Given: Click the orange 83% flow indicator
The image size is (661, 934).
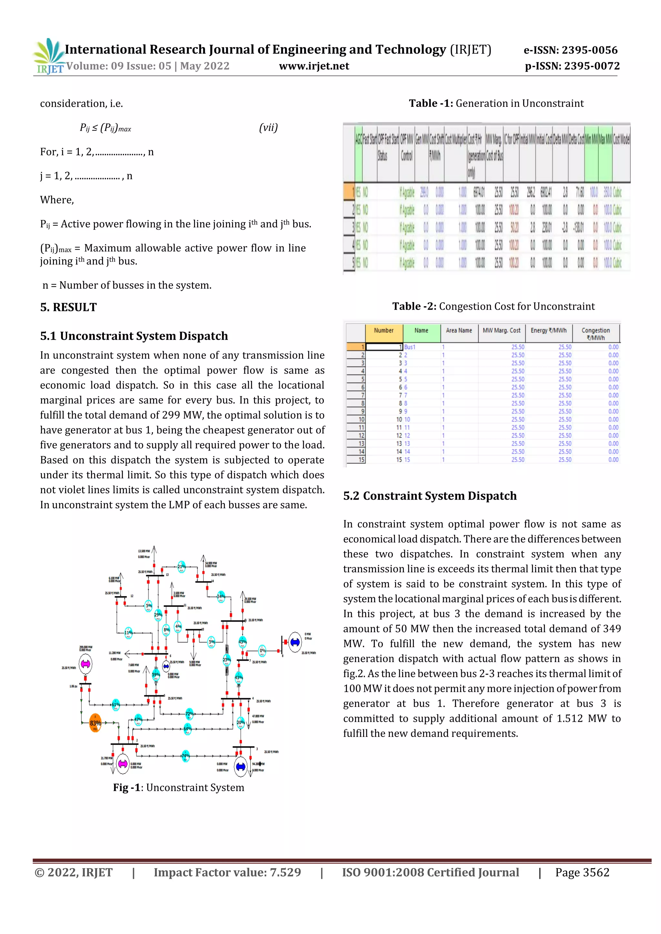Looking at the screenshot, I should (95, 723).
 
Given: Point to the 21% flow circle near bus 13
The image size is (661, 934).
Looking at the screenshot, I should (181, 567).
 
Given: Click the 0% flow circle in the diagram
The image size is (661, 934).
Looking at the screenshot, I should (262, 651).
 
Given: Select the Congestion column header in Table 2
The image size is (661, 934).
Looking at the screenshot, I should (595, 333).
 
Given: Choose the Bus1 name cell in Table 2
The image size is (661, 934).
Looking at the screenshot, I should (410, 347).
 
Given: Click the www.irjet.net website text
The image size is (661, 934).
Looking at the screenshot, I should (314, 66).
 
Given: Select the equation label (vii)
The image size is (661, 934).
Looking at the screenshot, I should (268, 128).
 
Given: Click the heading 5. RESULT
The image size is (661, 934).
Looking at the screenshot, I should (68, 307).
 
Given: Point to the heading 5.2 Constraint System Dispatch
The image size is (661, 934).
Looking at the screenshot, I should (430, 496).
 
